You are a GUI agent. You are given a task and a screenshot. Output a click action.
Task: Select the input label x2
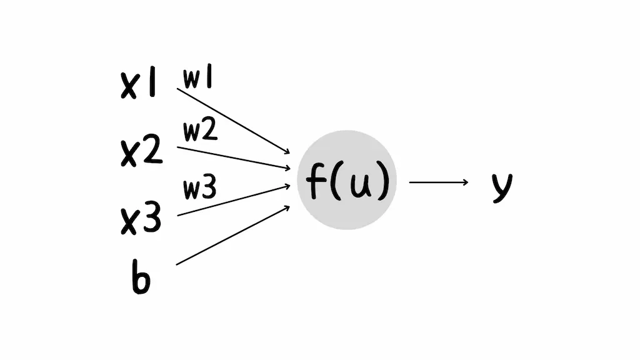click(x=141, y=151)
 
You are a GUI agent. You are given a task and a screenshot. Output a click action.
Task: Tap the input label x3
click(x=141, y=219)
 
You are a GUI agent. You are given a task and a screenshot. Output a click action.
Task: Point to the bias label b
click(x=141, y=278)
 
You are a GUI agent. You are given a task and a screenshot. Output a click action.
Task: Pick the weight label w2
click(x=200, y=131)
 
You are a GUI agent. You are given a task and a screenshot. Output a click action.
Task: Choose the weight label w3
click(x=200, y=189)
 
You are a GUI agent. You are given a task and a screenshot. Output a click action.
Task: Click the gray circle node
click(x=347, y=180)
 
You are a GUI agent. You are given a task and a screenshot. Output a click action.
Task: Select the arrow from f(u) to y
click(x=437, y=182)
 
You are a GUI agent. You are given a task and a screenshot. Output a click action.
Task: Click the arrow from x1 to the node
click(x=233, y=121)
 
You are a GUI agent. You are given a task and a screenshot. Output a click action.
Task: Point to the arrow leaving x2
click(x=233, y=158)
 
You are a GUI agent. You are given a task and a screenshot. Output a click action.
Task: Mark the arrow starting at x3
click(x=233, y=200)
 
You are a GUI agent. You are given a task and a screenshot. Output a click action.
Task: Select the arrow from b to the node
click(x=233, y=235)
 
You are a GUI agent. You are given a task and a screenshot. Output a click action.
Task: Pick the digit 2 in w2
click(x=210, y=131)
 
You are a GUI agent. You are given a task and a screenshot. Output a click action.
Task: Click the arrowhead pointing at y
click(x=464, y=182)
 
